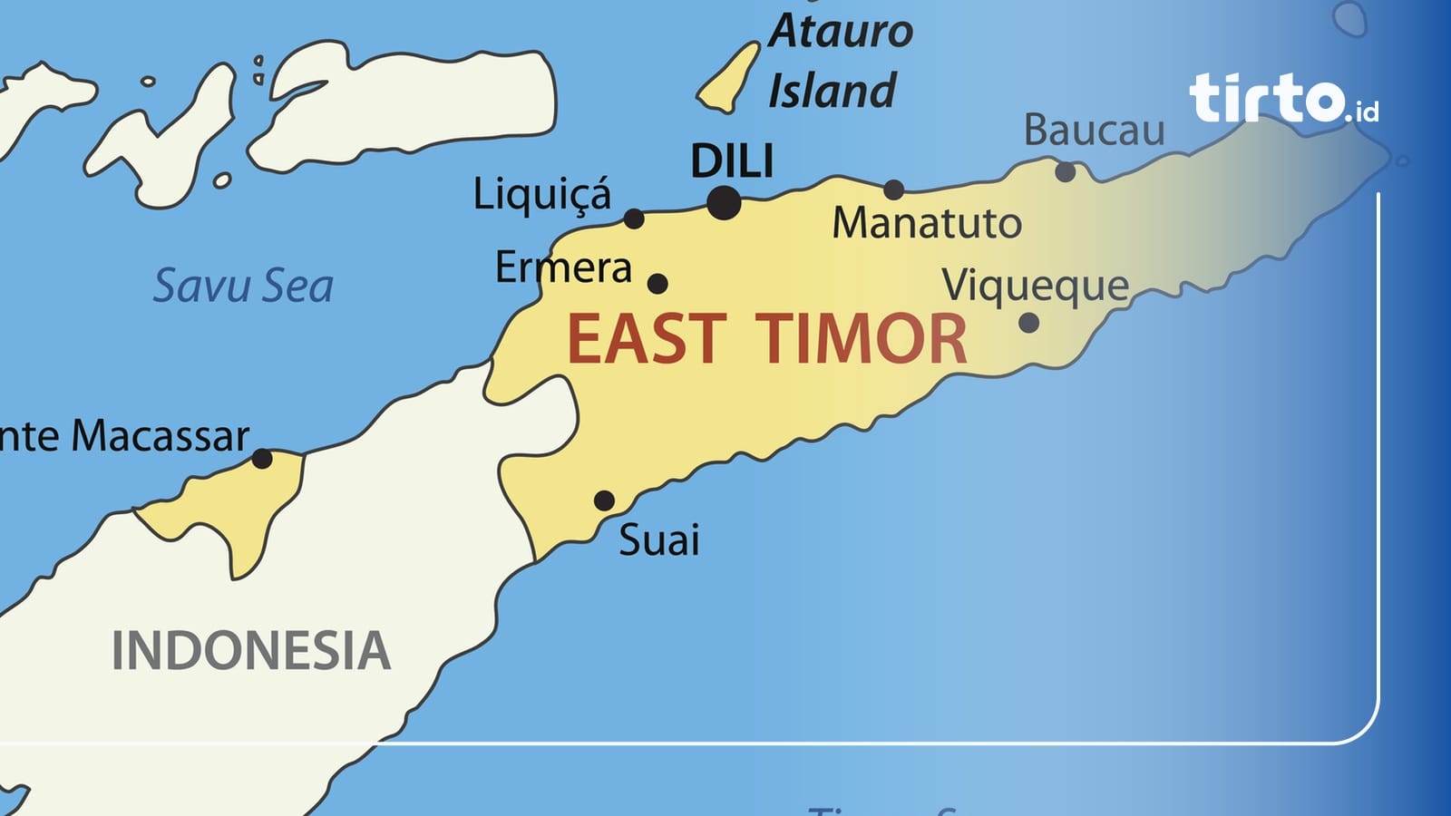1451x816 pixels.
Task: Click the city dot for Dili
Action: click(724, 203)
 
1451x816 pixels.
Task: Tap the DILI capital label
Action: click(732, 162)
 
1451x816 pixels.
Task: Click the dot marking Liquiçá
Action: click(634, 219)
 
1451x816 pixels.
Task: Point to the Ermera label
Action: click(563, 267)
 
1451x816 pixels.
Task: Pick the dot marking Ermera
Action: click(657, 284)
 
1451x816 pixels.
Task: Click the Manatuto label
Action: click(927, 223)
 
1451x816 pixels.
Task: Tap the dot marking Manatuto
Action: click(894, 189)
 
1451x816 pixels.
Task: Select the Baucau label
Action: click(1094, 131)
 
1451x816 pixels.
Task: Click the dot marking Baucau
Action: click(1066, 171)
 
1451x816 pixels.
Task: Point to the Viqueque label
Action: click(1035, 287)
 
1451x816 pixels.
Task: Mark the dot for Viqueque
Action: click(1028, 322)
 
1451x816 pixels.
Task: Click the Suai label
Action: click(659, 540)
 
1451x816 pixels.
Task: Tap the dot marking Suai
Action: click(604, 500)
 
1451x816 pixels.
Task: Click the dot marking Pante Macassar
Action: click(262, 459)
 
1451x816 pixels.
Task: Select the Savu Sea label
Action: click(243, 286)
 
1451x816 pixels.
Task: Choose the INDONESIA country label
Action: click(251, 651)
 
